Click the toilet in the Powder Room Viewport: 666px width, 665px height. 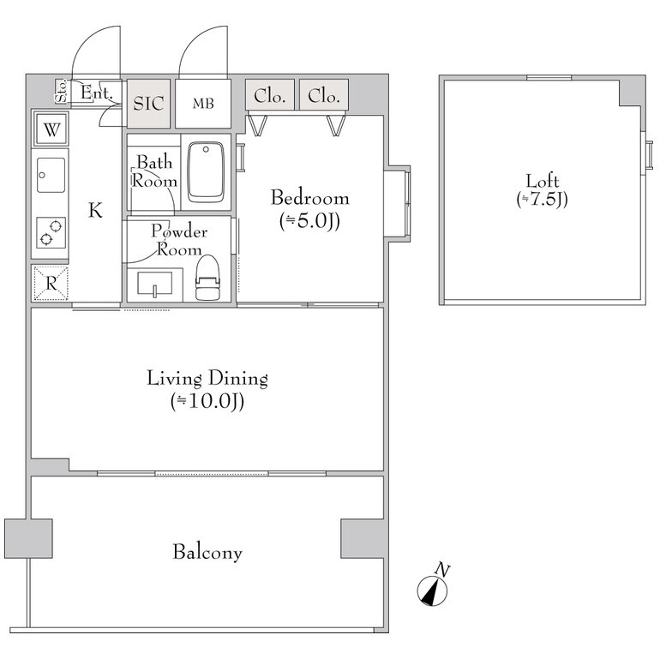[x=207, y=278]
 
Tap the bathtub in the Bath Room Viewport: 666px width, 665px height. [x=206, y=172]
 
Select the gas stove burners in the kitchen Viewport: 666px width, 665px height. [x=51, y=232]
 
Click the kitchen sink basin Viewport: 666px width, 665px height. [x=51, y=175]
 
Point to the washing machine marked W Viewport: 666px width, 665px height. [x=51, y=129]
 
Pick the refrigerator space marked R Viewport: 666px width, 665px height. [x=51, y=283]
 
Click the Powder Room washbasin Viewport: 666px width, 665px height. [x=154, y=284]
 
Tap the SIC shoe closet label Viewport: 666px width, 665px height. [x=148, y=104]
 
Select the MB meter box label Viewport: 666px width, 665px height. [x=203, y=103]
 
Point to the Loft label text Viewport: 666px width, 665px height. [x=543, y=181]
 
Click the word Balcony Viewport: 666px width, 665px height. [x=207, y=552]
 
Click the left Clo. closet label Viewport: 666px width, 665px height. [x=270, y=96]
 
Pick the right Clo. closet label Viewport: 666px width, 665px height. [x=324, y=96]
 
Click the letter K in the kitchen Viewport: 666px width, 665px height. [x=95, y=210]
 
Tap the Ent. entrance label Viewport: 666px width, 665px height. [x=97, y=93]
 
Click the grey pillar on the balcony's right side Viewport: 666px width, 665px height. [x=363, y=538]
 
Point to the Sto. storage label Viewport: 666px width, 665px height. [x=62, y=91]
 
